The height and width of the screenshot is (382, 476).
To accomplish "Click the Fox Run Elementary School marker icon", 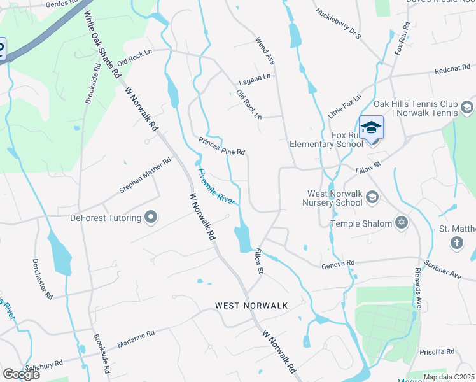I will point(371,128).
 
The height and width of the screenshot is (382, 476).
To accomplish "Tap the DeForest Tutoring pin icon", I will point(151,218).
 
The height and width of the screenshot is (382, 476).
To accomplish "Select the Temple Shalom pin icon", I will point(401,223).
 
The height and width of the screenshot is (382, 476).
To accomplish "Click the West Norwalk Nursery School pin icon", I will point(372,199).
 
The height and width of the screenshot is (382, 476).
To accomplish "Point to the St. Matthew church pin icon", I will point(456,242).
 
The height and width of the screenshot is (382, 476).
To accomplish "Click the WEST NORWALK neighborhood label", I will point(251,306).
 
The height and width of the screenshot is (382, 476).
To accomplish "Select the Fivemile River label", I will point(216,187).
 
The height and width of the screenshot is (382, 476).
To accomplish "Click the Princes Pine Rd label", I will point(221,146).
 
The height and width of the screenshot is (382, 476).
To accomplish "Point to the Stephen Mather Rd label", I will point(146,176).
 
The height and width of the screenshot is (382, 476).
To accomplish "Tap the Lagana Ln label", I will point(255,80).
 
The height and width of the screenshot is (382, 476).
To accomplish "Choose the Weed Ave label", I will point(265,50).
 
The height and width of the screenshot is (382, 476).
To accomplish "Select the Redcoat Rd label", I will point(452,68).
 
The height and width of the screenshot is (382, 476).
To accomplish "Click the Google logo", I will point(21,374).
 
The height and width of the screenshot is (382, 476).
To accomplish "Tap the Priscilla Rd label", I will point(437,351).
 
